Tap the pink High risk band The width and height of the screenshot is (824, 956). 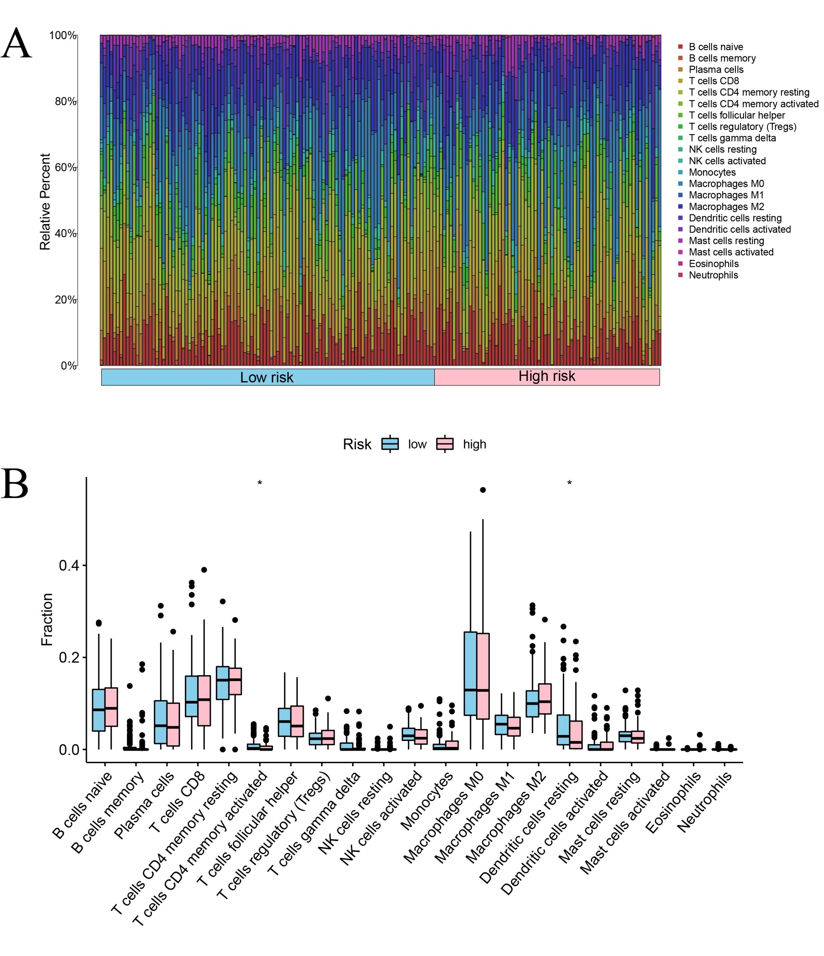click(547, 376)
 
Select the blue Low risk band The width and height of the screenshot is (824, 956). click(267, 377)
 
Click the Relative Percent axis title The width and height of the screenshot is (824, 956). click(45, 202)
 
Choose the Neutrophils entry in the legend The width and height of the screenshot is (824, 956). click(713, 276)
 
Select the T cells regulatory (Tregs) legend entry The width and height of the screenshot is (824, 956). click(742, 127)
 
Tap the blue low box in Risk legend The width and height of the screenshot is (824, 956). click(390, 444)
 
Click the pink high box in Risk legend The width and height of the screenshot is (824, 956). click(445, 444)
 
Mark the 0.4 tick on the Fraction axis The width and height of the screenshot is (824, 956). click(69, 565)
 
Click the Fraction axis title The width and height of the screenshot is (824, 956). click(47, 620)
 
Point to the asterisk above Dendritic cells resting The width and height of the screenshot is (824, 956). click(569, 484)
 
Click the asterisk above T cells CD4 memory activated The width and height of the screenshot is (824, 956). click(260, 484)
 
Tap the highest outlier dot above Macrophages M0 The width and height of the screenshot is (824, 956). click(483, 490)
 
